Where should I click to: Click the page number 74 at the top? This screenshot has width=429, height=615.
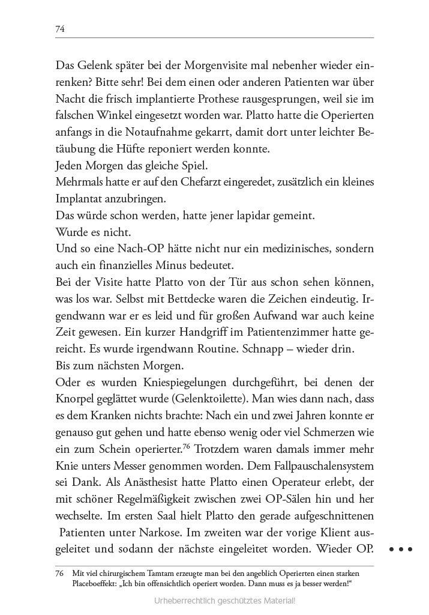pyautogui.click(x=59, y=28)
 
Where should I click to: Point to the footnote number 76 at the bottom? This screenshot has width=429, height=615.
pyautogui.click(x=59, y=573)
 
